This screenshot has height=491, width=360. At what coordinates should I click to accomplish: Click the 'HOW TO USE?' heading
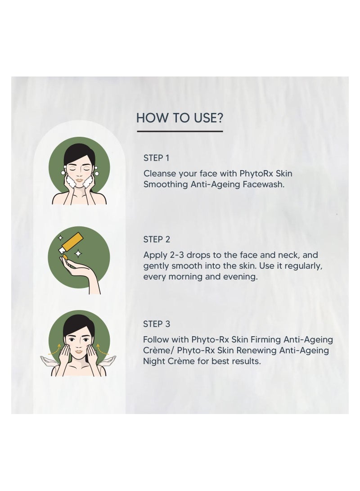click(180, 118)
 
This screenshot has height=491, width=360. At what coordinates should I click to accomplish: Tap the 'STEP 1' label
click(156, 158)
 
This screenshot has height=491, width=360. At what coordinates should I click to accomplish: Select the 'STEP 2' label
click(157, 239)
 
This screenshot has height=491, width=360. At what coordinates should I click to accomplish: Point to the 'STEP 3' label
click(157, 324)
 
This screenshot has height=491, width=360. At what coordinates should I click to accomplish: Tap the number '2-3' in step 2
click(176, 255)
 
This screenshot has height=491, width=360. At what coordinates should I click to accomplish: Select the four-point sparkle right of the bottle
click(78, 253)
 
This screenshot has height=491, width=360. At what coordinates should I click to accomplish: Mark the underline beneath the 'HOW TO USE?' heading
click(180, 131)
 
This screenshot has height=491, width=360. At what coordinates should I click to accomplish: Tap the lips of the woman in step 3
click(79, 351)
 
